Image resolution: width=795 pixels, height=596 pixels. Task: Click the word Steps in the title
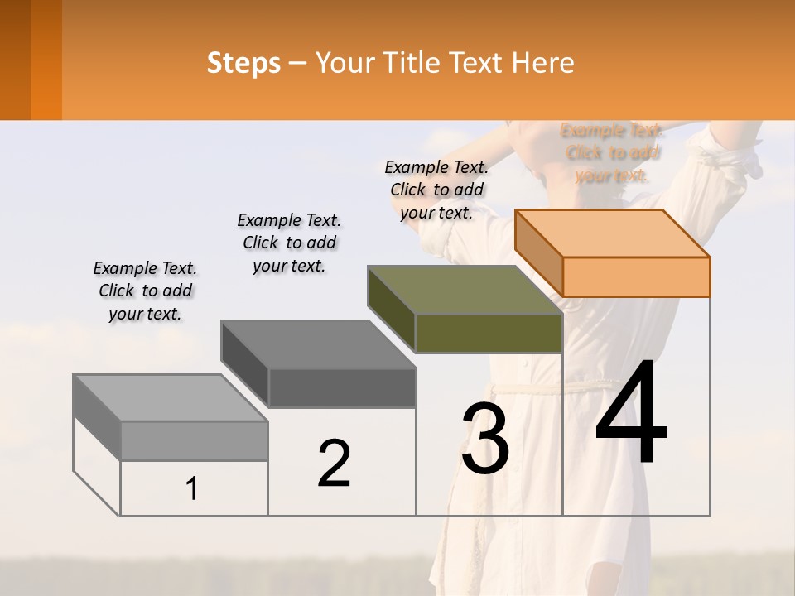pyautogui.click(x=243, y=63)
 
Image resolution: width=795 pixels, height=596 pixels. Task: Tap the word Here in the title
pyautogui.click(x=543, y=63)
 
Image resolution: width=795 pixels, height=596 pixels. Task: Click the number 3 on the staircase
pyautogui.click(x=485, y=439)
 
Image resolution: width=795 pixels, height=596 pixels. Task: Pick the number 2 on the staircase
pyautogui.click(x=334, y=463)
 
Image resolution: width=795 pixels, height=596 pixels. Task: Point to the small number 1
pyautogui.click(x=192, y=488)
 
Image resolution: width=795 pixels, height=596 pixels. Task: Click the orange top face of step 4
pyautogui.click(x=613, y=233)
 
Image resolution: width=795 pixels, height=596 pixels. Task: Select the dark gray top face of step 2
pyautogui.click(x=319, y=344)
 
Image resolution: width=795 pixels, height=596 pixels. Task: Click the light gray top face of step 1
pyautogui.click(x=171, y=398)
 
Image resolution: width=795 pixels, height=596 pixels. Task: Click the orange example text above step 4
pyautogui.click(x=612, y=152)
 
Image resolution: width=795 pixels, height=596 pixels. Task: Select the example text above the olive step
pyautogui.click(x=436, y=190)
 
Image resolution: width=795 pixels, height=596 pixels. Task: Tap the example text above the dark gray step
pyautogui.click(x=289, y=243)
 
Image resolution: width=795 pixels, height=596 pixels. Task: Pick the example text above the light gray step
pyautogui.click(x=145, y=291)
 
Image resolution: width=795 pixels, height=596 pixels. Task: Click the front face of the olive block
pyautogui.click(x=489, y=334)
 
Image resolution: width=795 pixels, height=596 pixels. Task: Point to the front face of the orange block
pyautogui.click(x=636, y=276)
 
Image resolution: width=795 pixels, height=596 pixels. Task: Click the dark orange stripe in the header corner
pyautogui.click(x=46, y=60)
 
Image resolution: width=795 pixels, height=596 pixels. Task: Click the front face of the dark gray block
pyautogui.click(x=342, y=387)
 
